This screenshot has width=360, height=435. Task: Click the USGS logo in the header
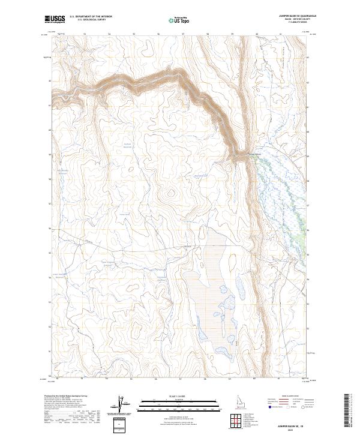(x=55, y=19)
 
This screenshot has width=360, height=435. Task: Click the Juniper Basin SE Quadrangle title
(x=292, y=16)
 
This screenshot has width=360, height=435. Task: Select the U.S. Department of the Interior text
(x=90, y=17)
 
